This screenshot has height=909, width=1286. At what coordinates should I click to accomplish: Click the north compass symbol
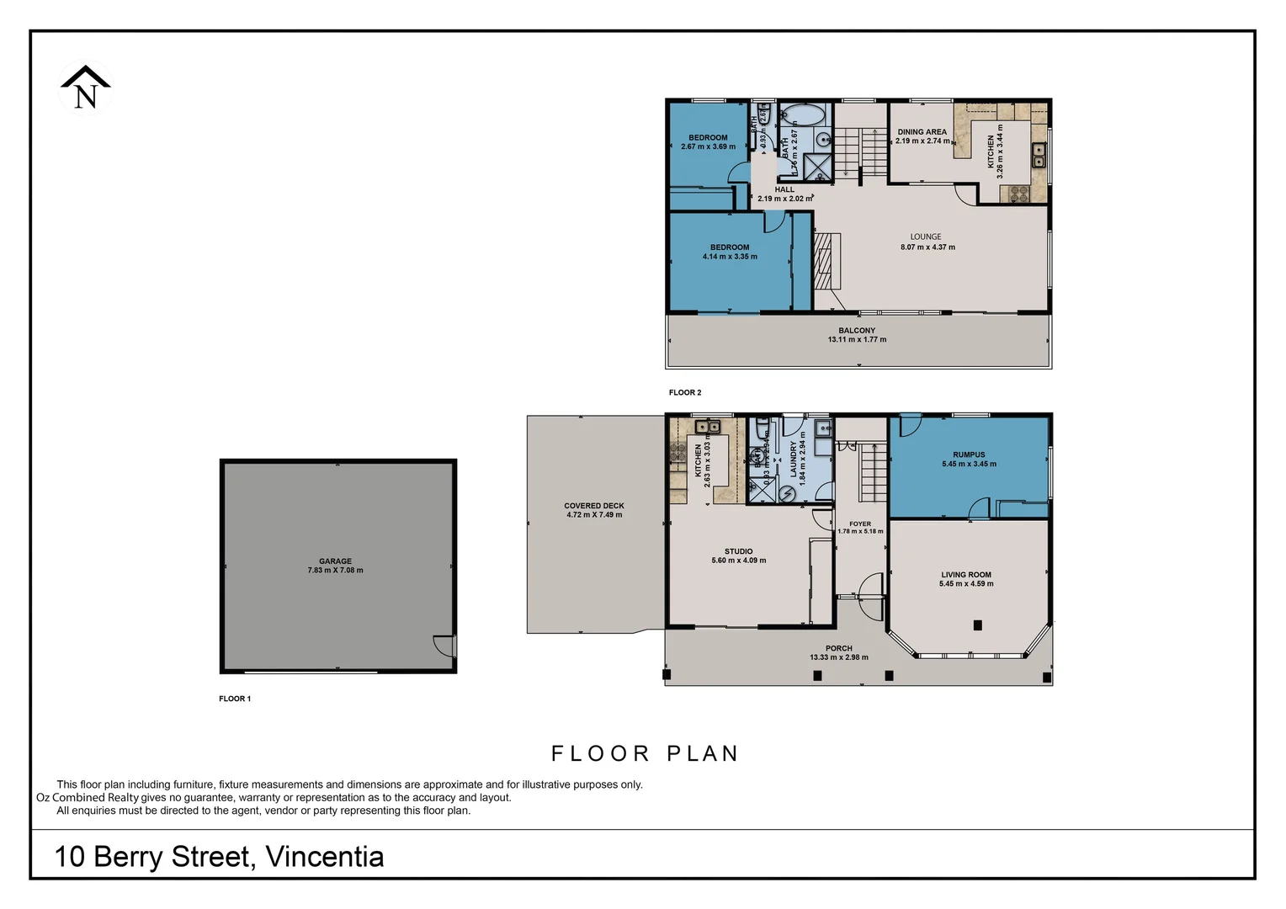point(85,88)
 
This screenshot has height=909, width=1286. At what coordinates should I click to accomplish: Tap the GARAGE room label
point(335,561)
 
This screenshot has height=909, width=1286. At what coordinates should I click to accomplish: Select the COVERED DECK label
point(594,506)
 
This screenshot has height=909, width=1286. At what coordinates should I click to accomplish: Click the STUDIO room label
point(738,551)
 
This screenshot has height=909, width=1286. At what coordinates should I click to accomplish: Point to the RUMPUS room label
point(969,454)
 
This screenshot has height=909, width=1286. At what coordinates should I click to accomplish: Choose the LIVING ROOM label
point(966,575)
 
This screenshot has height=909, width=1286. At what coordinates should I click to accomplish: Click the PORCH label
point(838,648)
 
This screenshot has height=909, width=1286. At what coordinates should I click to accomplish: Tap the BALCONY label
point(857,331)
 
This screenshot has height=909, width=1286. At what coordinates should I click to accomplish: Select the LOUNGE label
point(926,237)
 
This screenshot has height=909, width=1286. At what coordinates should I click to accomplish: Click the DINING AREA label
point(922,132)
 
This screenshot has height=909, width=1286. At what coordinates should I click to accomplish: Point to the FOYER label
point(860,524)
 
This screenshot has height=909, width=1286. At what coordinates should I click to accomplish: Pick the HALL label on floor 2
point(784,189)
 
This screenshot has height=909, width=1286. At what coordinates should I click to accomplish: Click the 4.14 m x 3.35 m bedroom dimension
point(730,257)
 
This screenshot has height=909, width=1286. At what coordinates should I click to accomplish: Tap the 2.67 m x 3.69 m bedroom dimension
point(708,146)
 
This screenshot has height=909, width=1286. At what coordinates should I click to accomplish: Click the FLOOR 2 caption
point(685,392)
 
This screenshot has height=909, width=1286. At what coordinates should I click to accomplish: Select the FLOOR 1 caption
point(235,699)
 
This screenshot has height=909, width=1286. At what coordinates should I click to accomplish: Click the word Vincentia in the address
point(325,857)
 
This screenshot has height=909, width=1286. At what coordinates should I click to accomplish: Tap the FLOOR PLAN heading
point(645,753)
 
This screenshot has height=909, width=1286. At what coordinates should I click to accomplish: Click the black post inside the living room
point(977,625)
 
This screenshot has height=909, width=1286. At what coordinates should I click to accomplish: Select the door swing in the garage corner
point(444,645)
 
